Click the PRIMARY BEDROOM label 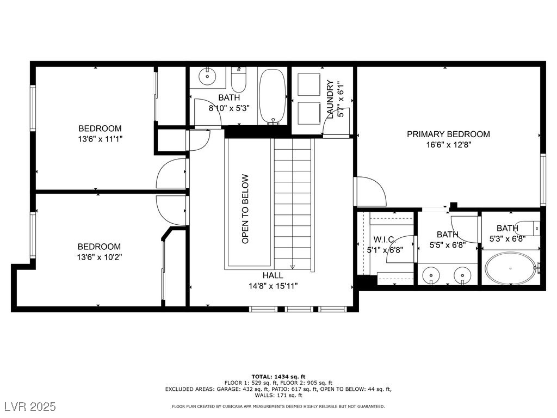[x=448, y=134]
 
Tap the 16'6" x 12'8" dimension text [x=448, y=145]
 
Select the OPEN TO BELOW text [x=245, y=208]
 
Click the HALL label [x=273, y=275]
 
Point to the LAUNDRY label [x=330, y=100]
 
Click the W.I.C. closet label [x=385, y=239]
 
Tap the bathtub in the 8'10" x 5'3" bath [x=273, y=97]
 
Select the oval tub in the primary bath [x=511, y=268]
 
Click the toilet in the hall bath [x=238, y=79]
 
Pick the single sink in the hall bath [x=207, y=76]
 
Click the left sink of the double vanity [x=431, y=275]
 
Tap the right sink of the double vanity [x=462, y=275]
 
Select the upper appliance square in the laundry [x=309, y=84]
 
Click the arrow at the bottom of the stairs [x=292, y=267]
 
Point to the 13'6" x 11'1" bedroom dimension [x=100, y=139]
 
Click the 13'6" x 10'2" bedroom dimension [x=100, y=257]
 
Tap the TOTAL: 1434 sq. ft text [x=278, y=377]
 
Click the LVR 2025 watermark [x=30, y=406]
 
